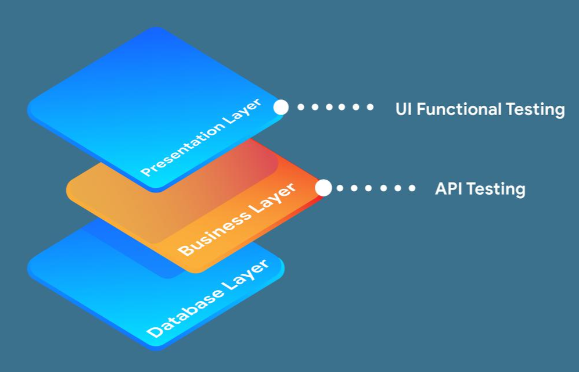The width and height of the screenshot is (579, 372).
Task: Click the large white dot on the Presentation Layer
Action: pyautogui.click(x=281, y=108)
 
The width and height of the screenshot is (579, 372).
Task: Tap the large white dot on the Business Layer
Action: pyautogui.click(x=323, y=188)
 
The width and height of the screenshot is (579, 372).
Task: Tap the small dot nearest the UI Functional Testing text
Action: pyautogui.click(x=371, y=108)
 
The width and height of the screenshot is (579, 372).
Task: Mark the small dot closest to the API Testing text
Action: pyautogui.click(x=412, y=188)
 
